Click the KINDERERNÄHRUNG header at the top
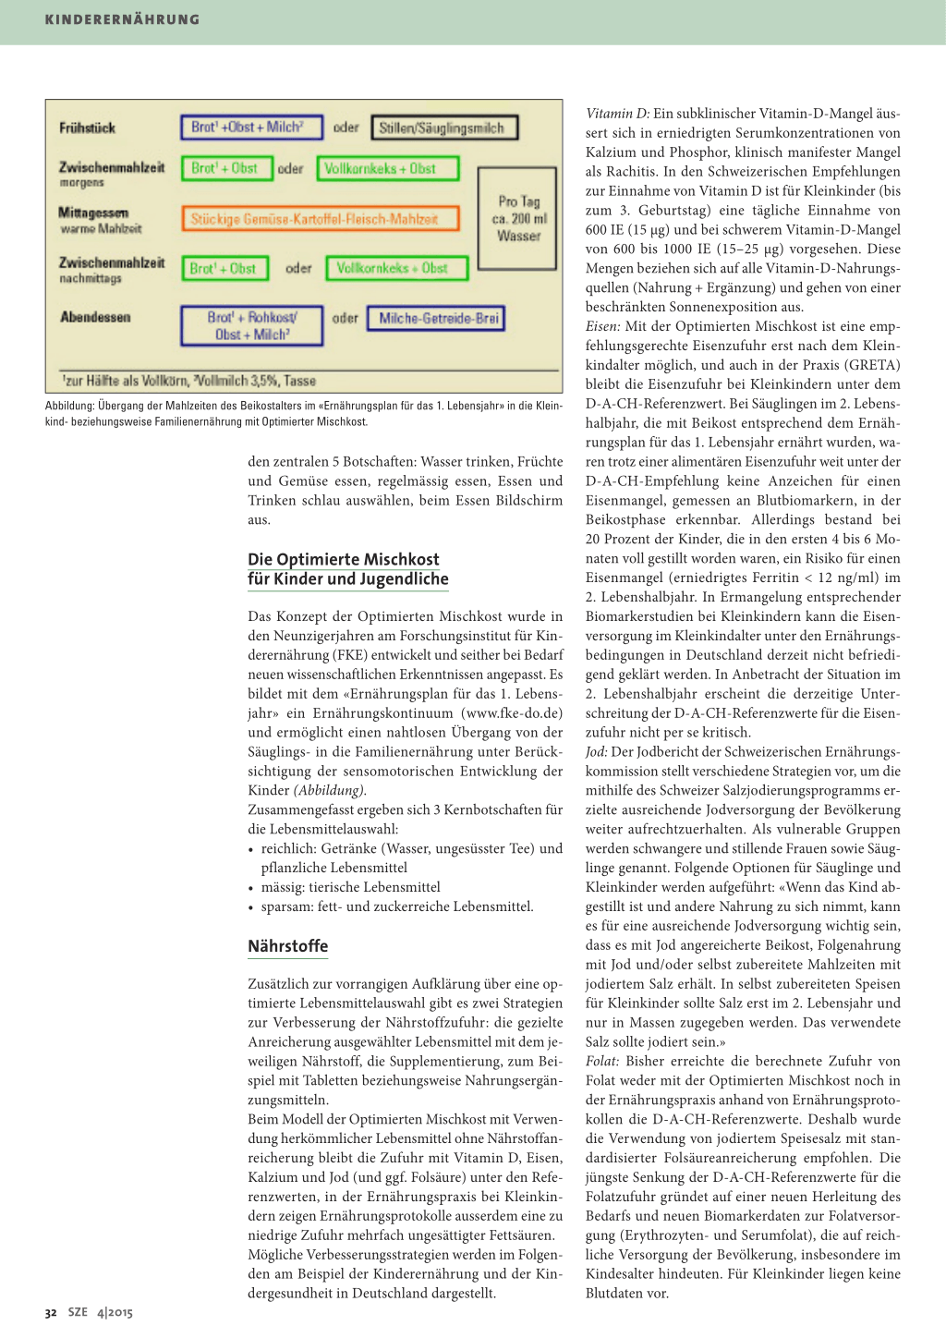coord(122,19)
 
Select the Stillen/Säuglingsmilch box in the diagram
coord(443,128)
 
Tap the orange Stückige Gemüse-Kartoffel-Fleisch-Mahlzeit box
coord(320,219)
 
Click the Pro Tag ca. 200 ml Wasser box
coord(517,218)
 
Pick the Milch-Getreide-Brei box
coord(436,319)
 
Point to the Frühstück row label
coord(87,128)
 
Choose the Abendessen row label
coord(95,317)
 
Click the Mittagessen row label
coord(94,213)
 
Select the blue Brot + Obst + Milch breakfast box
coord(251,128)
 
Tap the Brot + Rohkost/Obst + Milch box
coord(251,326)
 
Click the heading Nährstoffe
coord(287,946)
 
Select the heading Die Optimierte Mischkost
coord(344,560)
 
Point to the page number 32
coord(51,1313)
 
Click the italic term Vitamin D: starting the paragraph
coord(618,114)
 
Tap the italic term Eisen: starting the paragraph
coord(603,326)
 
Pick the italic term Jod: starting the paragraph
coord(597,752)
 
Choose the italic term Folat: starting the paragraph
coord(603,1062)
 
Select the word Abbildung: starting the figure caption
coord(70,406)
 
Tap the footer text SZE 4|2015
coord(100,1312)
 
